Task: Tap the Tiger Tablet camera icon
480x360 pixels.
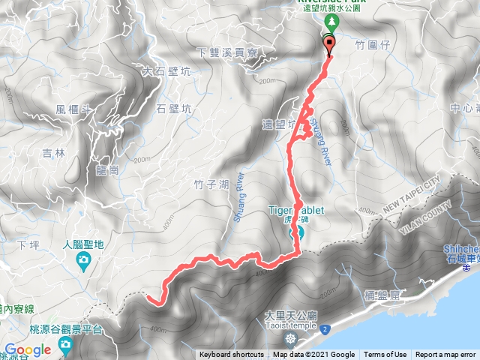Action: click(296, 232)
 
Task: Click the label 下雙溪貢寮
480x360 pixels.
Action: click(227, 53)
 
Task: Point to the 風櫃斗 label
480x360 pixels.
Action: click(73, 109)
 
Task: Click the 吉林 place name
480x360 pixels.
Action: click(54, 153)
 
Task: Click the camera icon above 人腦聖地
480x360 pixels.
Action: click(84, 260)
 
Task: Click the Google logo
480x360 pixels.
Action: click(28, 349)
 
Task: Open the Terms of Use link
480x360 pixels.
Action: click(385, 355)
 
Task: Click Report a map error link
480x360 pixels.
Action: click(445, 355)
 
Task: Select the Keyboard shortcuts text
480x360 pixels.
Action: click(231, 355)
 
